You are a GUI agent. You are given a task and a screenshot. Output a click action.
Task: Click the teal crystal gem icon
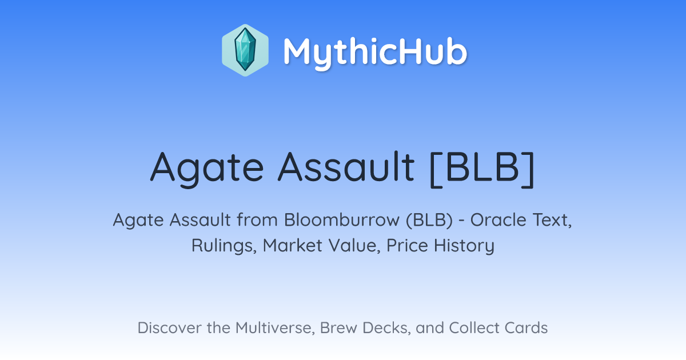[x=245, y=50]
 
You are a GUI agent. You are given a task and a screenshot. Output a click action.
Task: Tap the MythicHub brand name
[x=375, y=52]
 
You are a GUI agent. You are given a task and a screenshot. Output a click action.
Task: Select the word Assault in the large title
[x=346, y=166]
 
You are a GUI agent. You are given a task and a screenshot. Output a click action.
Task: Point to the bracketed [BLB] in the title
[x=482, y=169]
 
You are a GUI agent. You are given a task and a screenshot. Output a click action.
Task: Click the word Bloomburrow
[x=342, y=220]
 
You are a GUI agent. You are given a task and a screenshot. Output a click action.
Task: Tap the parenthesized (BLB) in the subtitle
[x=429, y=220]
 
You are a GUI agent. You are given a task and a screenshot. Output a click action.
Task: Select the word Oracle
[x=498, y=220]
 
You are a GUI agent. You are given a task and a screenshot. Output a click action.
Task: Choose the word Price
[x=407, y=245]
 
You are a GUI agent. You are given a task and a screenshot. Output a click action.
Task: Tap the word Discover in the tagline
[x=169, y=327]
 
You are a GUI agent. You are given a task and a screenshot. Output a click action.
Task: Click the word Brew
[x=338, y=327]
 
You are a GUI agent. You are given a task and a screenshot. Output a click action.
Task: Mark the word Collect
[x=474, y=327]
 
